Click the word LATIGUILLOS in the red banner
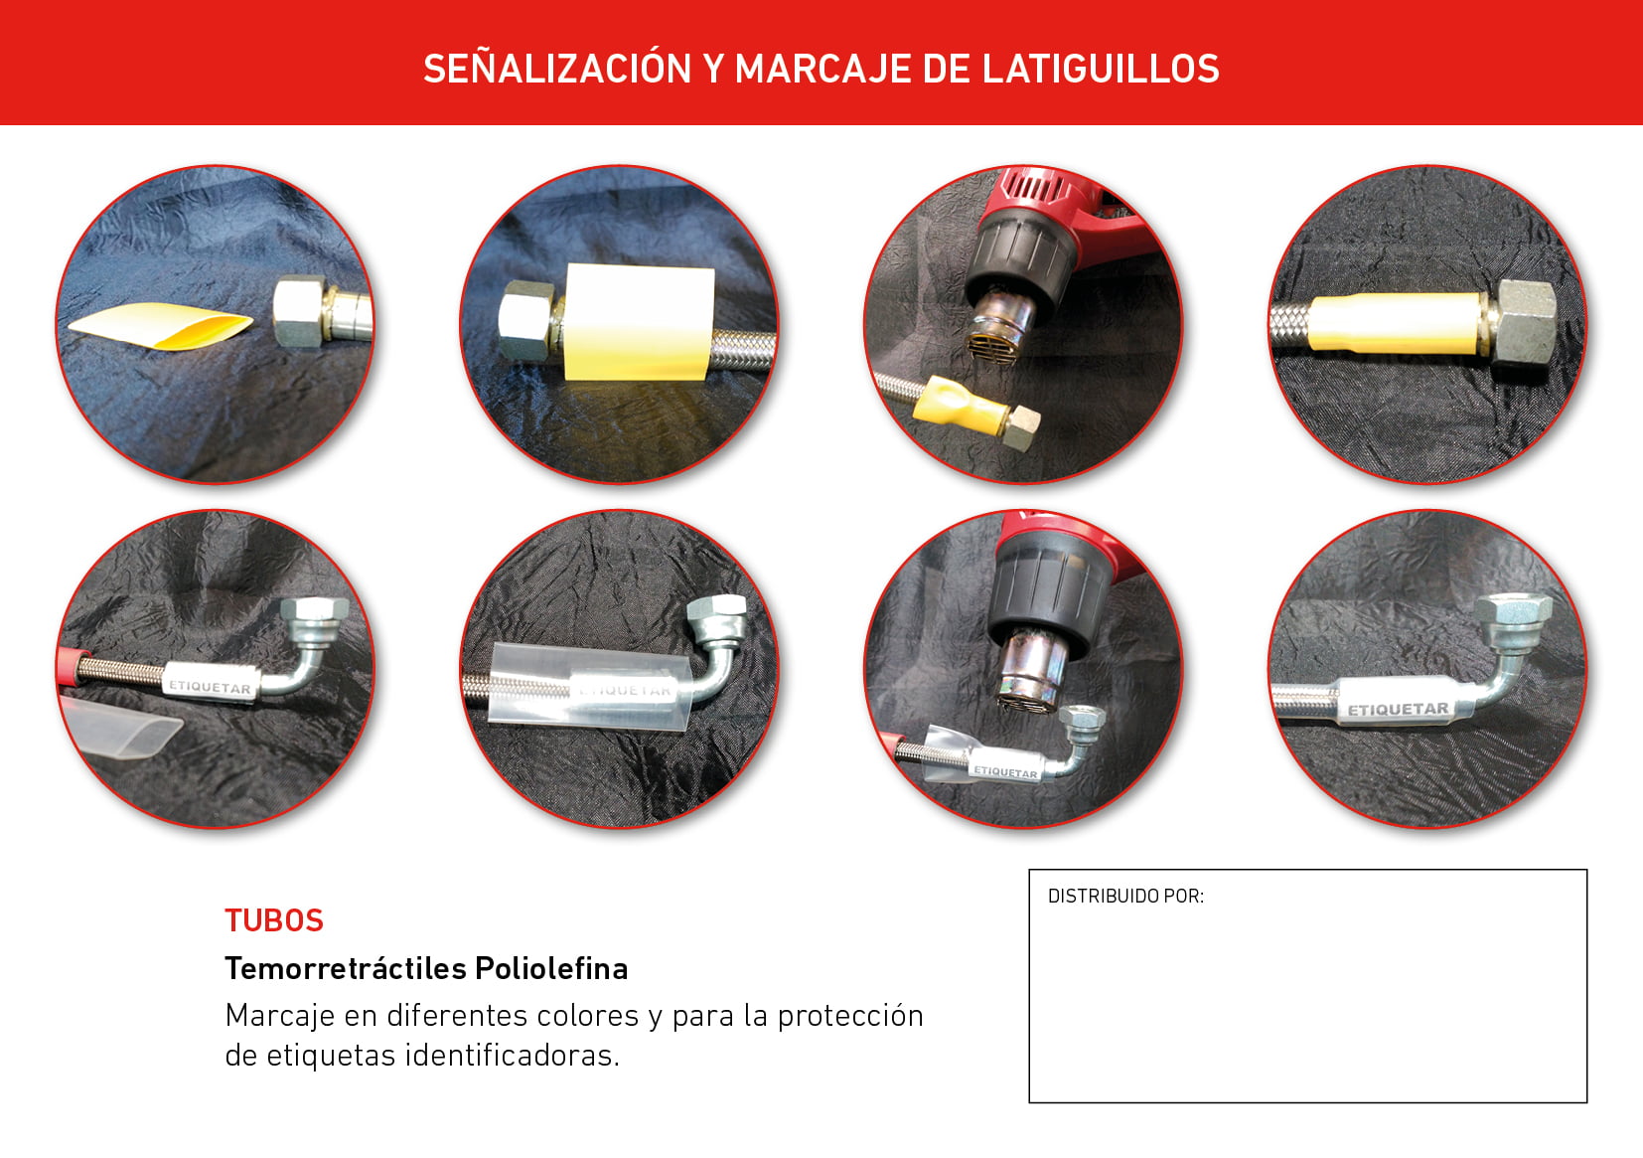tap(1101, 69)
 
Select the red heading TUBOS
tap(273, 920)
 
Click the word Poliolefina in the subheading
tap(551, 969)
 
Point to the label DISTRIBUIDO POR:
tap(1125, 896)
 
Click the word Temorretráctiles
tap(346, 969)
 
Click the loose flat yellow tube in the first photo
tap(161, 325)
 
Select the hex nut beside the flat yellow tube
tap(298, 311)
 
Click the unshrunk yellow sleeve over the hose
tap(638, 322)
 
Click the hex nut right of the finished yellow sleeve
tap(1524, 321)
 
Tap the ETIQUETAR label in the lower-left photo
tap(211, 683)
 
